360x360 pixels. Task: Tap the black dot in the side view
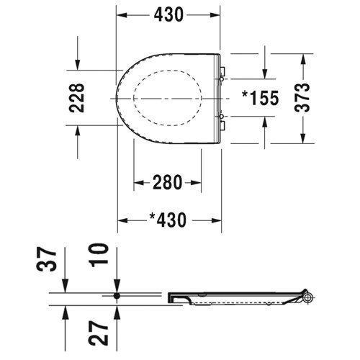[117, 295]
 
